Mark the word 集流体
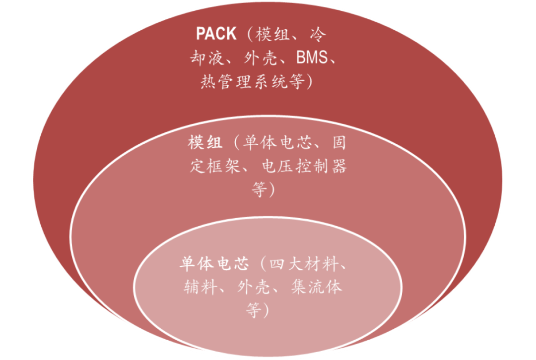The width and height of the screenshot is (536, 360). [317, 287]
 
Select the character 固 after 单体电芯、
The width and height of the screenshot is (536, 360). [338, 143]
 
